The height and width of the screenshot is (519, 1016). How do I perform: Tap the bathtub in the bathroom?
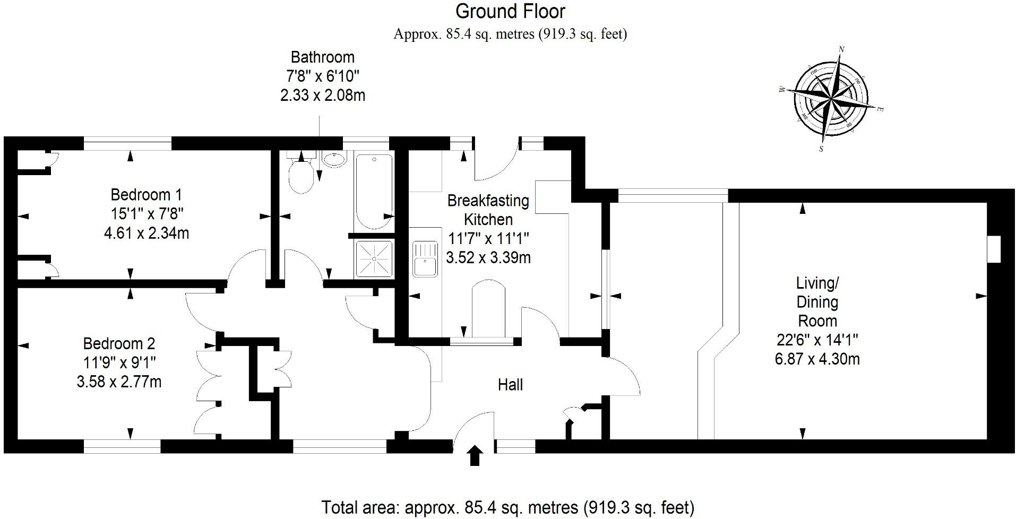pos(374,191)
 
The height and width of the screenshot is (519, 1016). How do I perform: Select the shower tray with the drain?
pos(374,259)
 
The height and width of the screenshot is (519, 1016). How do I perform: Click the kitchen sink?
pos(425,258)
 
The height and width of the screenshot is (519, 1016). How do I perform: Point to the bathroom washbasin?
pos(334,159)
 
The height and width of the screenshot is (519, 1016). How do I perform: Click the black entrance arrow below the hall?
pos(475,456)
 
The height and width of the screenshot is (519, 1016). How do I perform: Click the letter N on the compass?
pos(841,50)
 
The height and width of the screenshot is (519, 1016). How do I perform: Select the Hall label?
pos(510,385)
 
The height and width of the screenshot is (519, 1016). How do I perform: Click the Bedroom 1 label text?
pos(146,194)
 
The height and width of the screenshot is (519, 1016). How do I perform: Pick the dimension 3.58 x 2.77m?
pos(119,382)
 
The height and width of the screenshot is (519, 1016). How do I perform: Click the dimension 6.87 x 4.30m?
pos(817,359)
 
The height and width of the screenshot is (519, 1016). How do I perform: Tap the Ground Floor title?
pos(510,11)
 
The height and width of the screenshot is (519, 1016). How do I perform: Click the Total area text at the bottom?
pos(507,507)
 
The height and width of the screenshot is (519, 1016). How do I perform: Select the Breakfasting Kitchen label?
pos(488,210)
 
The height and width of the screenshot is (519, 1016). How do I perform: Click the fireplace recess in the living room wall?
pos(993,249)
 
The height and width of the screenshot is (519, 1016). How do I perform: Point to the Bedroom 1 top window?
pos(127,143)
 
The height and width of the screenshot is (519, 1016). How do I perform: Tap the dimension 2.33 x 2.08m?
pos(322,96)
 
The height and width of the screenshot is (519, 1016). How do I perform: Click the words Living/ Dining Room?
pos(817,302)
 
